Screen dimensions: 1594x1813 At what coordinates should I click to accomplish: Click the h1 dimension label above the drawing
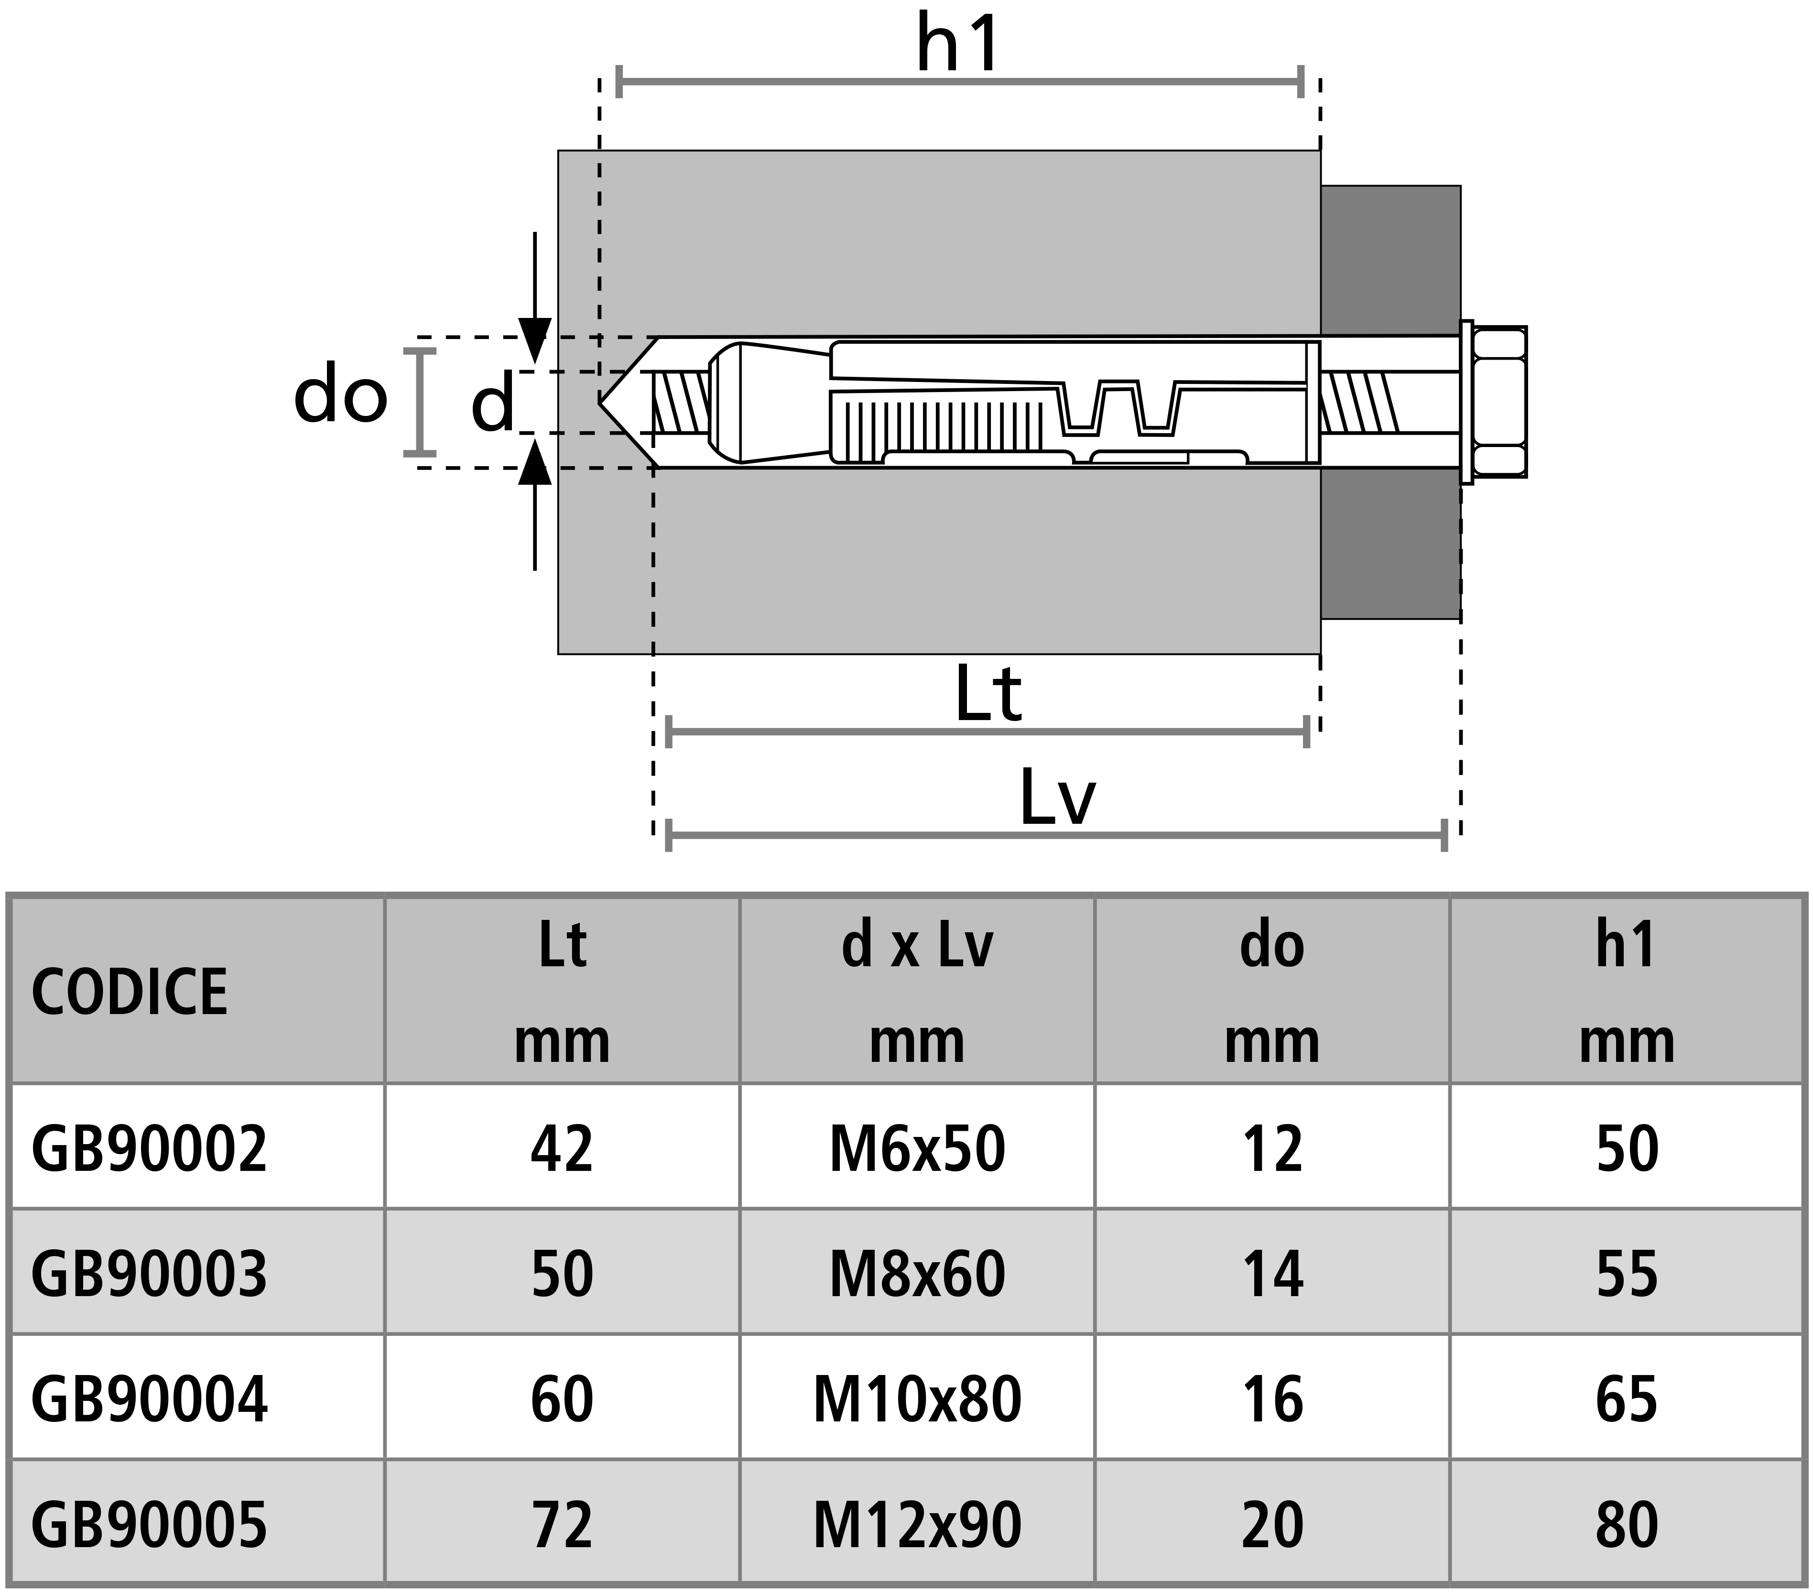pos(958,44)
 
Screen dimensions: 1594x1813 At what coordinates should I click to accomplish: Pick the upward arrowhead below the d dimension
pos(534,461)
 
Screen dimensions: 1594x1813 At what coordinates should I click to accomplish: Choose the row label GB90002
pos(149,1149)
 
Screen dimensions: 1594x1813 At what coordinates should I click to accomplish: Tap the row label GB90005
pos(149,1526)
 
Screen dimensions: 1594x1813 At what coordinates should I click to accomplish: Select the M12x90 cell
pos(917,1526)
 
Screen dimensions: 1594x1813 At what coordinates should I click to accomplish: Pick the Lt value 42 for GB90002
pos(562,1149)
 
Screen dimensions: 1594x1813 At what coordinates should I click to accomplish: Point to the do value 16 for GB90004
pos(1272,1400)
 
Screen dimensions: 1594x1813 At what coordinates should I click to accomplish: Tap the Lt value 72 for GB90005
pos(562,1526)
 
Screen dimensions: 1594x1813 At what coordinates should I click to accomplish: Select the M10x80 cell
pos(917,1400)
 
